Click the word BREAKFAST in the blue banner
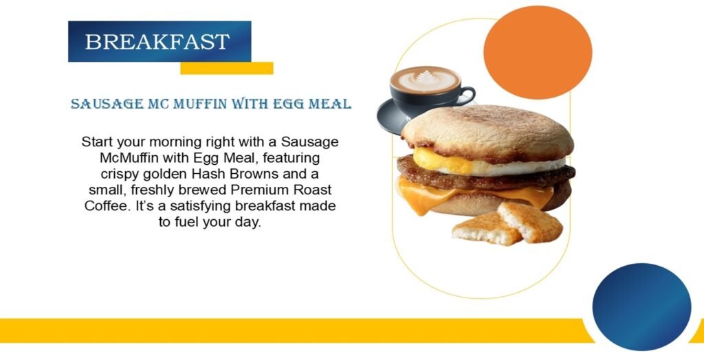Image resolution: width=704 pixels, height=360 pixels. [x=157, y=42]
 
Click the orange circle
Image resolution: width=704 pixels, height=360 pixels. [x=538, y=52]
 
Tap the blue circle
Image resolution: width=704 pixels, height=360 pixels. [x=641, y=306]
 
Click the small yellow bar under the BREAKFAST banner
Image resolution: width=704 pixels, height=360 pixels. [x=227, y=68]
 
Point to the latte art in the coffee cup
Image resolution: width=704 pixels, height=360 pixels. [x=424, y=80]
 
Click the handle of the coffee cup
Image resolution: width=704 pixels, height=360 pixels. [x=467, y=95]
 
